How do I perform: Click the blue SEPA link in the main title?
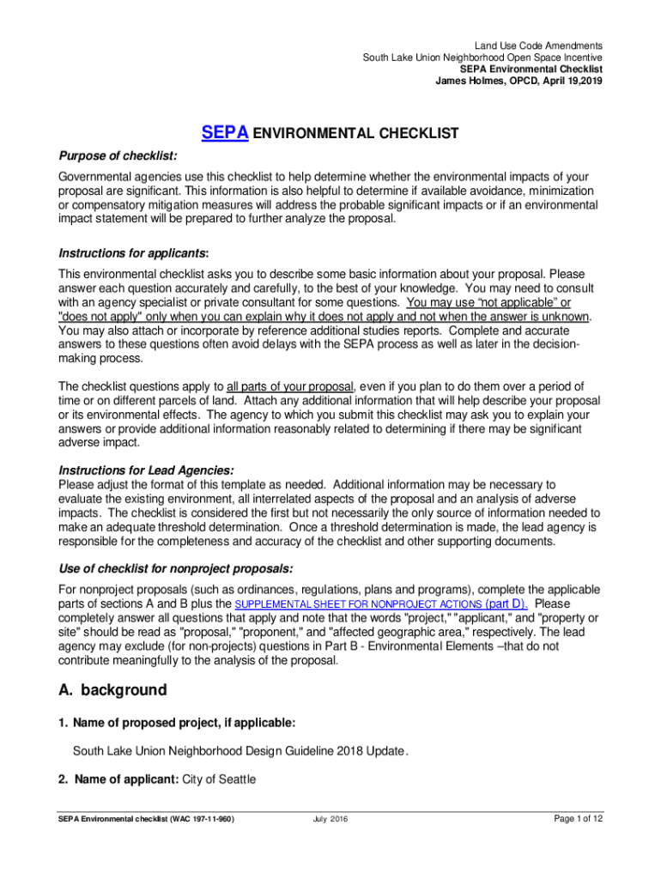[x=225, y=133]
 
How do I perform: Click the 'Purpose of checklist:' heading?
[x=118, y=155]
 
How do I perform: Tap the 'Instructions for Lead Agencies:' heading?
[x=146, y=470]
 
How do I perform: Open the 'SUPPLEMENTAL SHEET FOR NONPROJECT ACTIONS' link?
[x=358, y=604]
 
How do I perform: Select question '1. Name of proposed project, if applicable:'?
[x=185, y=723]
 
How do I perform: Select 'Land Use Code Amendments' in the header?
[x=538, y=45]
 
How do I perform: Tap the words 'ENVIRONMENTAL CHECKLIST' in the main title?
[x=356, y=134]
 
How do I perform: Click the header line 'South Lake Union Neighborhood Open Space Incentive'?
[x=482, y=58]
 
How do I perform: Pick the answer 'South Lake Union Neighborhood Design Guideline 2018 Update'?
[x=239, y=751]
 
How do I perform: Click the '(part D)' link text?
[x=506, y=603]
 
